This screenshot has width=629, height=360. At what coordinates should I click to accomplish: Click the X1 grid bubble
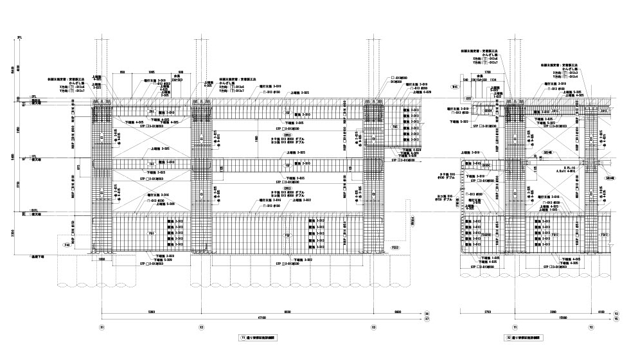coord(103,327)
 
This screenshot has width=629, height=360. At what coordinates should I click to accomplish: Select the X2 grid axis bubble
coord(201,327)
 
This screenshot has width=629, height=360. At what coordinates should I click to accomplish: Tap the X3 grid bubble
coord(374,327)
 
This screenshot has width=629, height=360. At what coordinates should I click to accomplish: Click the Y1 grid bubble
coord(515,327)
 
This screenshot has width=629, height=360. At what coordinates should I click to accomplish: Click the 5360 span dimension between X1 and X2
coord(152,311)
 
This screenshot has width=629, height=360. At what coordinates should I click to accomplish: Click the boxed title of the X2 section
coord(525,336)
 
